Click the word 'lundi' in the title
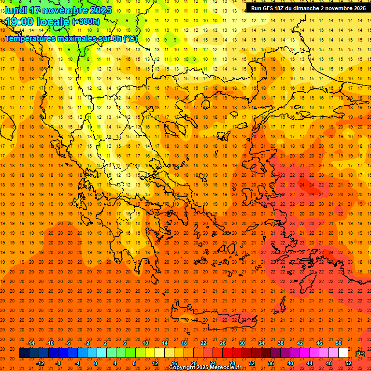[17, 10]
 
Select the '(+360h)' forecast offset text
[86, 22]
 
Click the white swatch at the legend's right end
[343, 353]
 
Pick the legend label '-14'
[30, 343]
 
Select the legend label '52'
[348, 363]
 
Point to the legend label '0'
[96, 363]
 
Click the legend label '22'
[203, 343]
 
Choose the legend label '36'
[271, 363]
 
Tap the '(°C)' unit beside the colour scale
[360, 354]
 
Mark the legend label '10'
[145, 343]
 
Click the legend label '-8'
[58, 363]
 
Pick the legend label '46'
[319, 343]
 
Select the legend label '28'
[232, 363]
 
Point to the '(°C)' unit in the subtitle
[130, 38]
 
